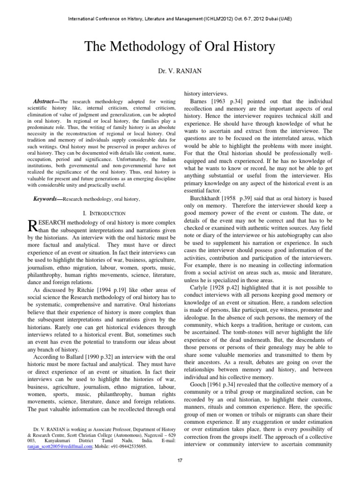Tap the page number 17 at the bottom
tap(180, 461)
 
